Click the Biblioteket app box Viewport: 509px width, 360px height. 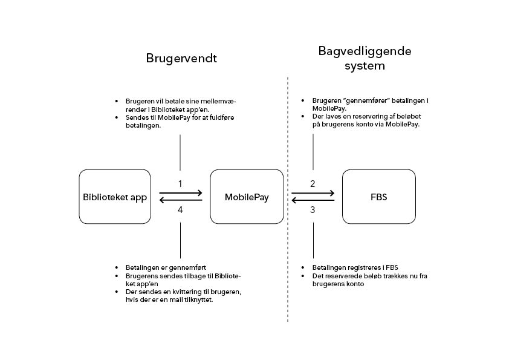[x=115, y=197]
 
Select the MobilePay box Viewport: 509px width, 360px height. [x=247, y=197]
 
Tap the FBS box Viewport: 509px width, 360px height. [x=378, y=197]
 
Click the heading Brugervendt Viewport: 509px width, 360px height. [x=181, y=59]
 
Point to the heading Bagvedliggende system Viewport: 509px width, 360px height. [x=365, y=58]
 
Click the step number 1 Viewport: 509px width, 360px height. [x=180, y=183]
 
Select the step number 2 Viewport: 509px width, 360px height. [x=313, y=183]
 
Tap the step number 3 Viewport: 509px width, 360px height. [x=313, y=210]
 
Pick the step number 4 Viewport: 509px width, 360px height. [x=180, y=210]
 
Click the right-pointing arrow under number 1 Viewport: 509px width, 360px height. [x=181, y=193]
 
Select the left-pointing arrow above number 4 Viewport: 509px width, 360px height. [x=181, y=200]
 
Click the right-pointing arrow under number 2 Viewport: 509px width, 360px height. [x=313, y=193]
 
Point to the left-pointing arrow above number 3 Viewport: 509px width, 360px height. [x=313, y=200]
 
